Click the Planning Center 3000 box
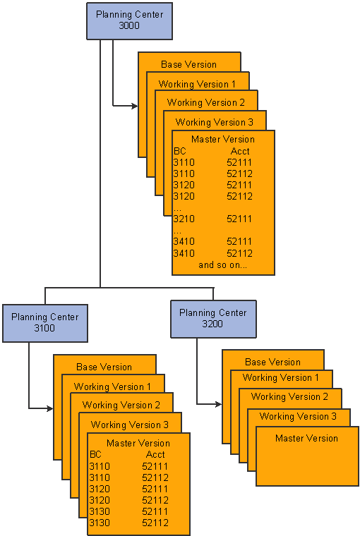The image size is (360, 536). (129, 21)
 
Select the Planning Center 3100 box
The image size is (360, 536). (45, 323)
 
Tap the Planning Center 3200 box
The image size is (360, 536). (213, 319)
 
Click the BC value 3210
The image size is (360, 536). (184, 219)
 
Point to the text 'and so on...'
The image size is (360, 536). (223, 265)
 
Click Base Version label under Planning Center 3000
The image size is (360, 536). (189, 64)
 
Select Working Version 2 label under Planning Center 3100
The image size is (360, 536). (121, 405)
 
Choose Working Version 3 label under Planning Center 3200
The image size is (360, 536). (298, 416)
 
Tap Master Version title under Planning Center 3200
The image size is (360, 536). (306, 438)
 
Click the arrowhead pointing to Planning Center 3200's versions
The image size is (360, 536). (219, 404)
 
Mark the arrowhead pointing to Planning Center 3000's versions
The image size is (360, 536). (135, 106)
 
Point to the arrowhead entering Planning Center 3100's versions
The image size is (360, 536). (50, 408)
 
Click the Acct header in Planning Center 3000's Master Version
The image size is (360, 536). (240, 151)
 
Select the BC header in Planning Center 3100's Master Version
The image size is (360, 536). (95, 454)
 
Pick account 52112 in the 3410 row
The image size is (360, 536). (239, 253)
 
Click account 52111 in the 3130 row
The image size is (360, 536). (155, 511)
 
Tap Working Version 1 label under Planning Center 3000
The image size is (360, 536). (197, 84)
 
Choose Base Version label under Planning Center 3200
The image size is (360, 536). (272, 362)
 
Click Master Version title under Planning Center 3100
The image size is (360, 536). (138, 443)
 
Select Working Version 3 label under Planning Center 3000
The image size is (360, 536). (215, 122)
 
